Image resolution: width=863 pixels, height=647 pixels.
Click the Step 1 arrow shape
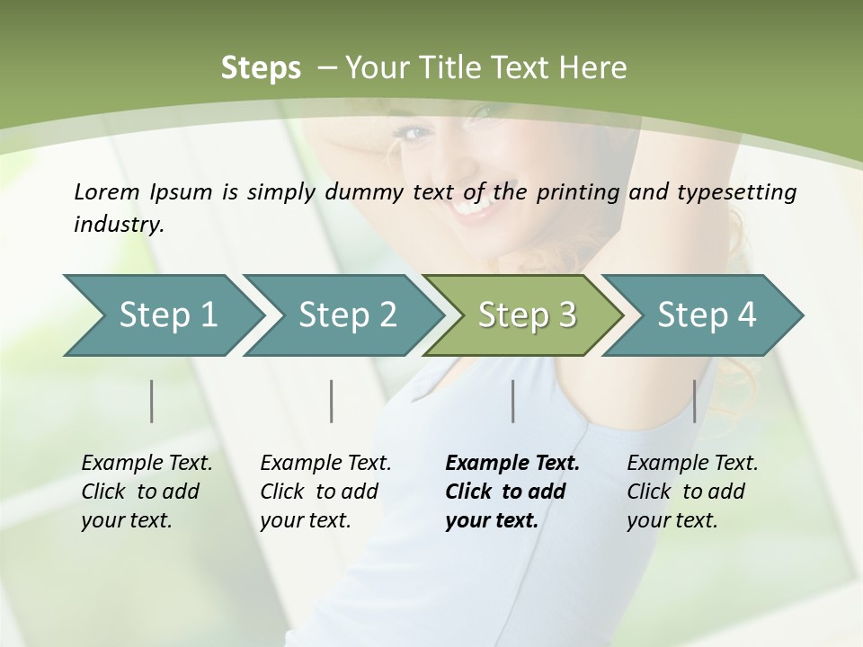point(162,315)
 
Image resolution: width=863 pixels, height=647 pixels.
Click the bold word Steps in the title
point(261,68)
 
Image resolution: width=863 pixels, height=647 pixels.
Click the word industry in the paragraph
point(118,225)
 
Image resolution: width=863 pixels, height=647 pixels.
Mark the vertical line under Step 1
point(152,401)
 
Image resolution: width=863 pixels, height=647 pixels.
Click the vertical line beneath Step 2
point(332,401)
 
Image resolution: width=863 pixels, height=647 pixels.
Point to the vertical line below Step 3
point(512,401)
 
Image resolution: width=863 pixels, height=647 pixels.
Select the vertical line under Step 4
point(694,401)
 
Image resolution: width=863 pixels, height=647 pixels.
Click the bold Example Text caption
point(512,492)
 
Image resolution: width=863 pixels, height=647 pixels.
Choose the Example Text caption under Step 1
point(147,492)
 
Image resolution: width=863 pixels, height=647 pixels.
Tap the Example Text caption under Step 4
point(692,492)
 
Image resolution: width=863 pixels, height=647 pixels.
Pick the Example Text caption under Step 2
point(325,492)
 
